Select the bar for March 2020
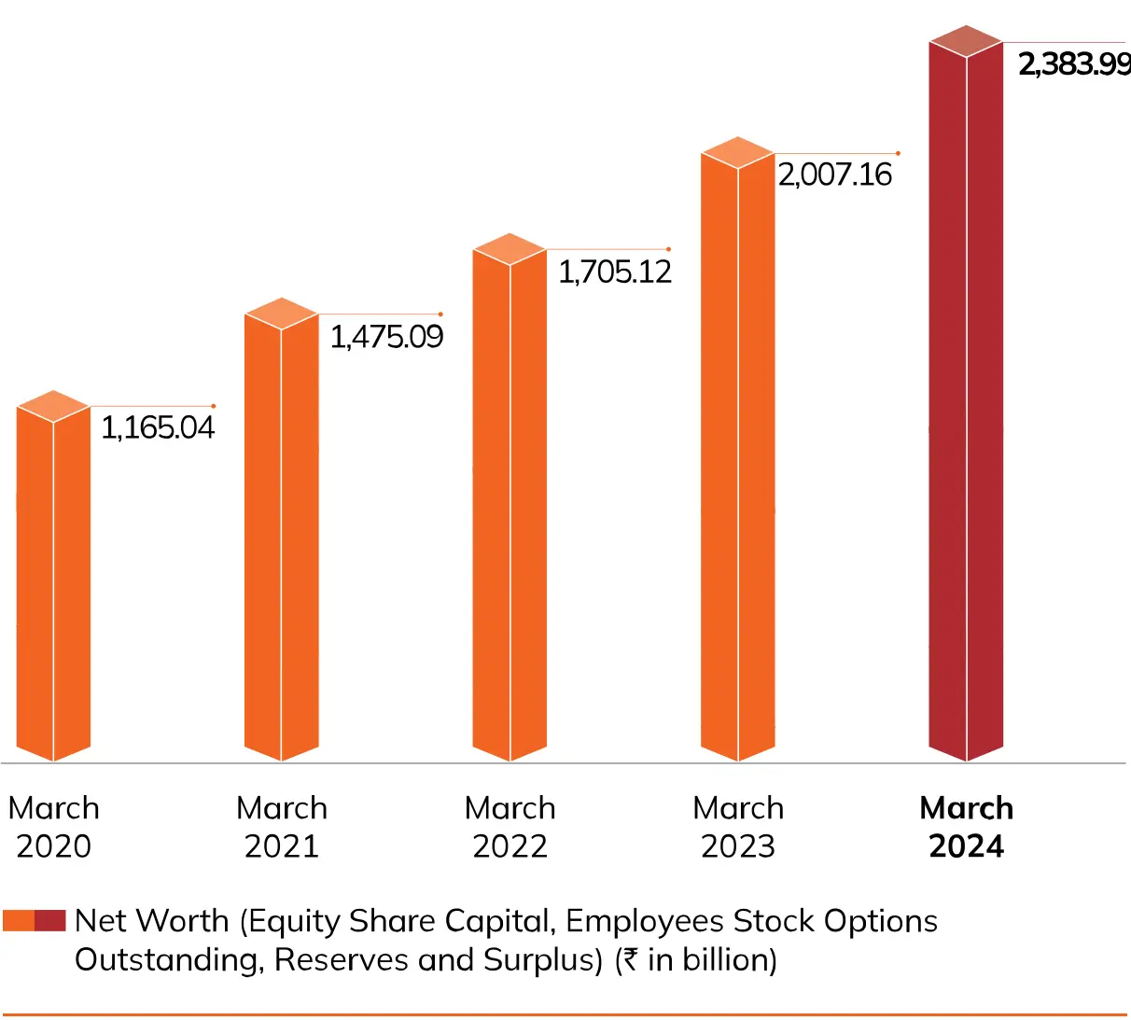point(53,583)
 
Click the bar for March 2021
point(281,537)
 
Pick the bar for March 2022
point(510,504)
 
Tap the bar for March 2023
point(737,457)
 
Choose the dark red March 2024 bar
point(966,401)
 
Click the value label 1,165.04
point(158,428)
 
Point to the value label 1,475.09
point(386,337)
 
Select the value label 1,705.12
point(615,272)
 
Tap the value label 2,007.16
point(835,175)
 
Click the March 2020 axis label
point(53,827)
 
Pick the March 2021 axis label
point(282,827)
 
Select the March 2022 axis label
point(510,827)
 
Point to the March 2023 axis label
point(738,827)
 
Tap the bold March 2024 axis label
point(967,827)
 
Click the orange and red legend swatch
point(34,921)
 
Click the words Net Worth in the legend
point(151,921)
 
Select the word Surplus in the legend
point(538,960)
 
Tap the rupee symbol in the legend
point(631,960)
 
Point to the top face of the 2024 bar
point(966,41)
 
